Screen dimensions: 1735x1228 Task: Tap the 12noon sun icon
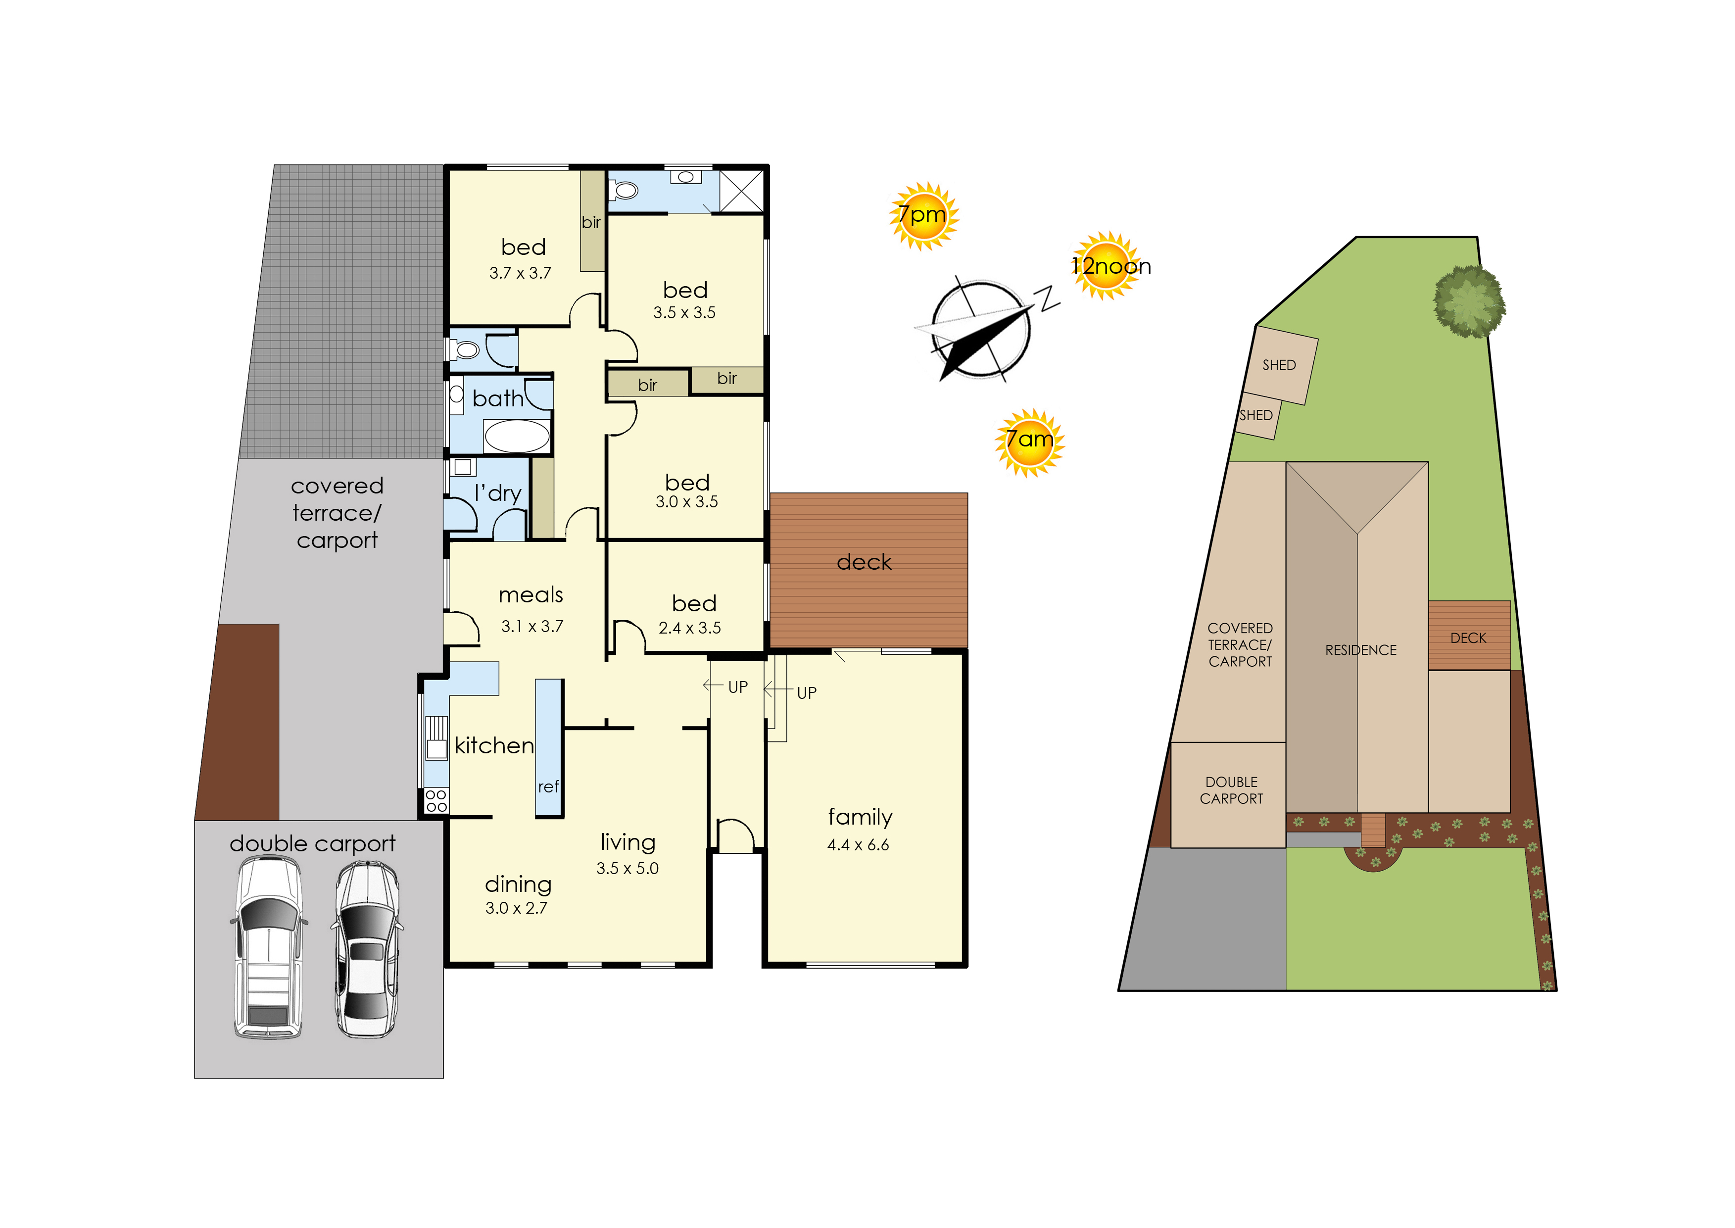(x=1108, y=265)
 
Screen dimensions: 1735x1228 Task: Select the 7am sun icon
(x=1030, y=442)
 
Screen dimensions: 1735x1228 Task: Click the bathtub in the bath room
(x=517, y=436)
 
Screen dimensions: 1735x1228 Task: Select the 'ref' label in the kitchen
(x=548, y=786)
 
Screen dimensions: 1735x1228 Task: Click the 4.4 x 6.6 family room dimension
(x=858, y=844)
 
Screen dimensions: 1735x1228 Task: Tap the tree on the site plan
(x=1469, y=301)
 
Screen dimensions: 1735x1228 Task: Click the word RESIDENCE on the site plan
(x=1361, y=650)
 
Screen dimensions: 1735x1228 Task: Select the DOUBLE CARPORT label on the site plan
(x=1232, y=790)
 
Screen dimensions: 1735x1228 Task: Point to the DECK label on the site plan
(x=1468, y=638)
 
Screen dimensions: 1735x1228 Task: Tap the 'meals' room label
(x=530, y=595)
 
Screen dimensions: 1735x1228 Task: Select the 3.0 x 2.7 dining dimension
(x=516, y=908)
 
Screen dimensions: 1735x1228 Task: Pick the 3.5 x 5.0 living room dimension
(x=627, y=868)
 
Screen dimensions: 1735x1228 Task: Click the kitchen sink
(x=436, y=738)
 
